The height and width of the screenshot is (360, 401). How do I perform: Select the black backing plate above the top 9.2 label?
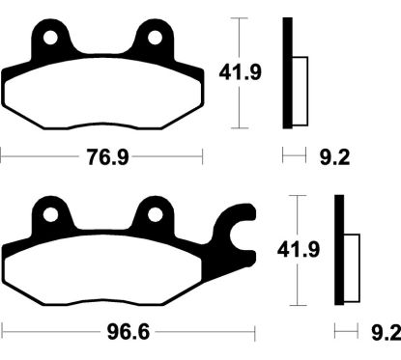[x=287, y=72]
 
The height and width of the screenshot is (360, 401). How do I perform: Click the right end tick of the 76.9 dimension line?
[x=202, y=155]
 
